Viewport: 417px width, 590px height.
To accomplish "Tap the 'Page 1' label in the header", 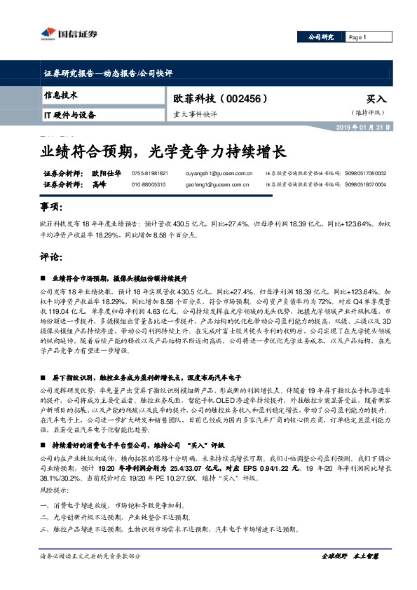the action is click(357, 37).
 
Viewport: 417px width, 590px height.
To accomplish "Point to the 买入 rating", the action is click(376, 100).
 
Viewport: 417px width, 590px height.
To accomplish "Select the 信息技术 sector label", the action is click(60, 94).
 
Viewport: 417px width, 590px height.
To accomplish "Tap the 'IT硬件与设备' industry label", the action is click(69, 114).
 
